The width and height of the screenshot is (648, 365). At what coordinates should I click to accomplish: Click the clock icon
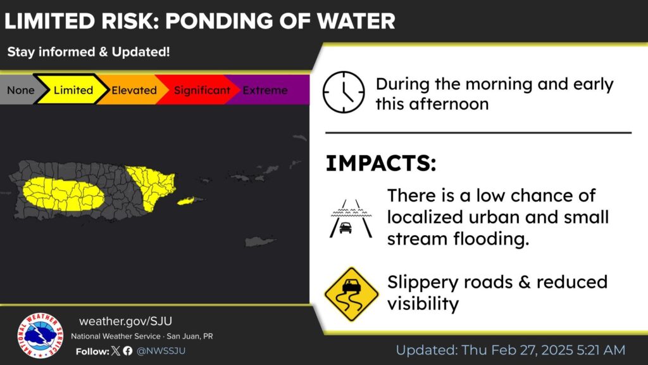coord(344,93)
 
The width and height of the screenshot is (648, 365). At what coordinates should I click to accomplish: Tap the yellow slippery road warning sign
coord(351,294)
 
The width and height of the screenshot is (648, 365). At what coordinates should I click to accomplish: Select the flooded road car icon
coord(351,219)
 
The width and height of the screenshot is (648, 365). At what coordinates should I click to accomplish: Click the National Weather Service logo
coord(40,335)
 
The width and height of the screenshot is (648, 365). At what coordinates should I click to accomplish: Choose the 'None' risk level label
coord(21,90)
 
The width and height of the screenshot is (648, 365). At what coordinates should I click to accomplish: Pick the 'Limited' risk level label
coord(73,90)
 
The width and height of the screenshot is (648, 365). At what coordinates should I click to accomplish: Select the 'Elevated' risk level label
coord(134,90)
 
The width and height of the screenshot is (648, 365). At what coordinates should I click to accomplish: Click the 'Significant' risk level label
coord(202,90)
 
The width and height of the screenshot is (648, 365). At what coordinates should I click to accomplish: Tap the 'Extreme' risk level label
coord(265,90)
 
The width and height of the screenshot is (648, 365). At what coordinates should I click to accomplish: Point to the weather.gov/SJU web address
coord(126,321)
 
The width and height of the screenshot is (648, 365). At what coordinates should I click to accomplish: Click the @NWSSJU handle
coord(161,351)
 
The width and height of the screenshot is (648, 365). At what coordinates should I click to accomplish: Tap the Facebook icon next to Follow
coord(128,351)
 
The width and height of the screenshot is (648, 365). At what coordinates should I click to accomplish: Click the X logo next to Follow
coord(116,351)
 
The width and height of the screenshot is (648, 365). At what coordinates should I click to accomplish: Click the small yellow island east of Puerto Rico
coord(185,201)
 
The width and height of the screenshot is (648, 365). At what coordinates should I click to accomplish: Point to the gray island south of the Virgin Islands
coord(259,241)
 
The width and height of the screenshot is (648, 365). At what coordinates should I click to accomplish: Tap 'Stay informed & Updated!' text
coord(89,52)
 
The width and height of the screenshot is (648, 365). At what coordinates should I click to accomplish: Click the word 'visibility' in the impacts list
coord(423,304)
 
